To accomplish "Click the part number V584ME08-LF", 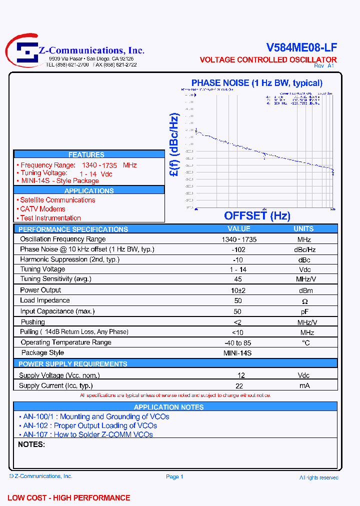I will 301,47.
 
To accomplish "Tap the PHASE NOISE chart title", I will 256,83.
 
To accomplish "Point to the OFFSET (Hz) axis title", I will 257,216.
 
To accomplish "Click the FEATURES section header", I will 86,155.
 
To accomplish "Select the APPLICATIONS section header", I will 89,191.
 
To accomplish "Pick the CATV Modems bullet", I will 42,209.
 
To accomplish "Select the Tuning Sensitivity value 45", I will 238,279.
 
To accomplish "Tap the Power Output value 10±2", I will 238,290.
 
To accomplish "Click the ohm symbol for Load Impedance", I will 304,301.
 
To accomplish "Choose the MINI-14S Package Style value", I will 237,353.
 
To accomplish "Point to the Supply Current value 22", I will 239,385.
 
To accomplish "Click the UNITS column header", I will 303,229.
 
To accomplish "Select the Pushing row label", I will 32,322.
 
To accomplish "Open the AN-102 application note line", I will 90,426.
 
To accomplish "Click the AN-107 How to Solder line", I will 88,434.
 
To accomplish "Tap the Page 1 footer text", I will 174,476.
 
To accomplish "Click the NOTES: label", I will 32,444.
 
